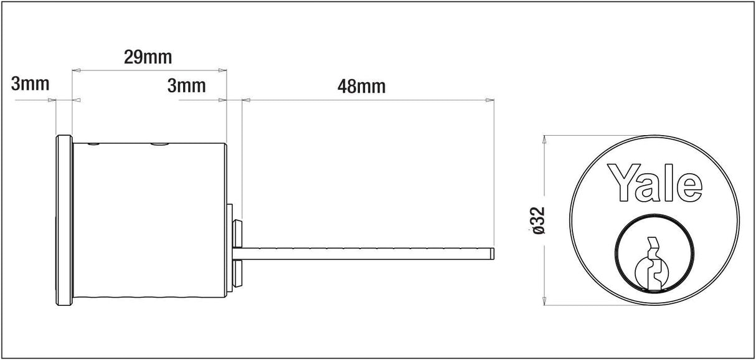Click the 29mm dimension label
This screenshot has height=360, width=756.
click(x=148, y=57)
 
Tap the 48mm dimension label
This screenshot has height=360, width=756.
click(x=361, y=87)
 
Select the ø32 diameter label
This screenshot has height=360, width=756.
click(x=539, y=220)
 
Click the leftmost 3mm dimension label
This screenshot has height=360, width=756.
click(x=30, y=84)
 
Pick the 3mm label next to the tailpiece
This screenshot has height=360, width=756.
click(x=186, y=85)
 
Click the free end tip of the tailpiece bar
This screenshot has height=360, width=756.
click(x=493, y=253)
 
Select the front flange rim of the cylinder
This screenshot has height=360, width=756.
click(x=64, y=222)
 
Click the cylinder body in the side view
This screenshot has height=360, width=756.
click(x=149, y=222)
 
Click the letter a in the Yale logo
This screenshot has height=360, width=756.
click(x=652, y=187)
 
